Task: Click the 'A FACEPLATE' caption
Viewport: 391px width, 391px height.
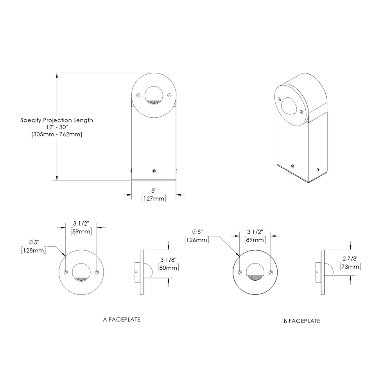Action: [x=122, y=319]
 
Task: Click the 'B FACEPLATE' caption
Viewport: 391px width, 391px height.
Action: [x=302, y=321]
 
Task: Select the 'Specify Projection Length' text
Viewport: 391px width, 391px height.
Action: [x=57, y=120]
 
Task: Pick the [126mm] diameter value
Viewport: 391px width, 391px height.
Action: [x=197, y=239]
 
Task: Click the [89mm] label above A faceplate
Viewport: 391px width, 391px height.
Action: [x=81, y=231]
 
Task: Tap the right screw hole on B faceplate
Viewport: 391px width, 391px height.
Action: [x=270, y=272]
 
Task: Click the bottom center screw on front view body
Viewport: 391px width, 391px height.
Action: [x=154, y=171]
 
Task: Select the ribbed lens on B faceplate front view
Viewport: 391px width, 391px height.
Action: [x=255, y=277]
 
